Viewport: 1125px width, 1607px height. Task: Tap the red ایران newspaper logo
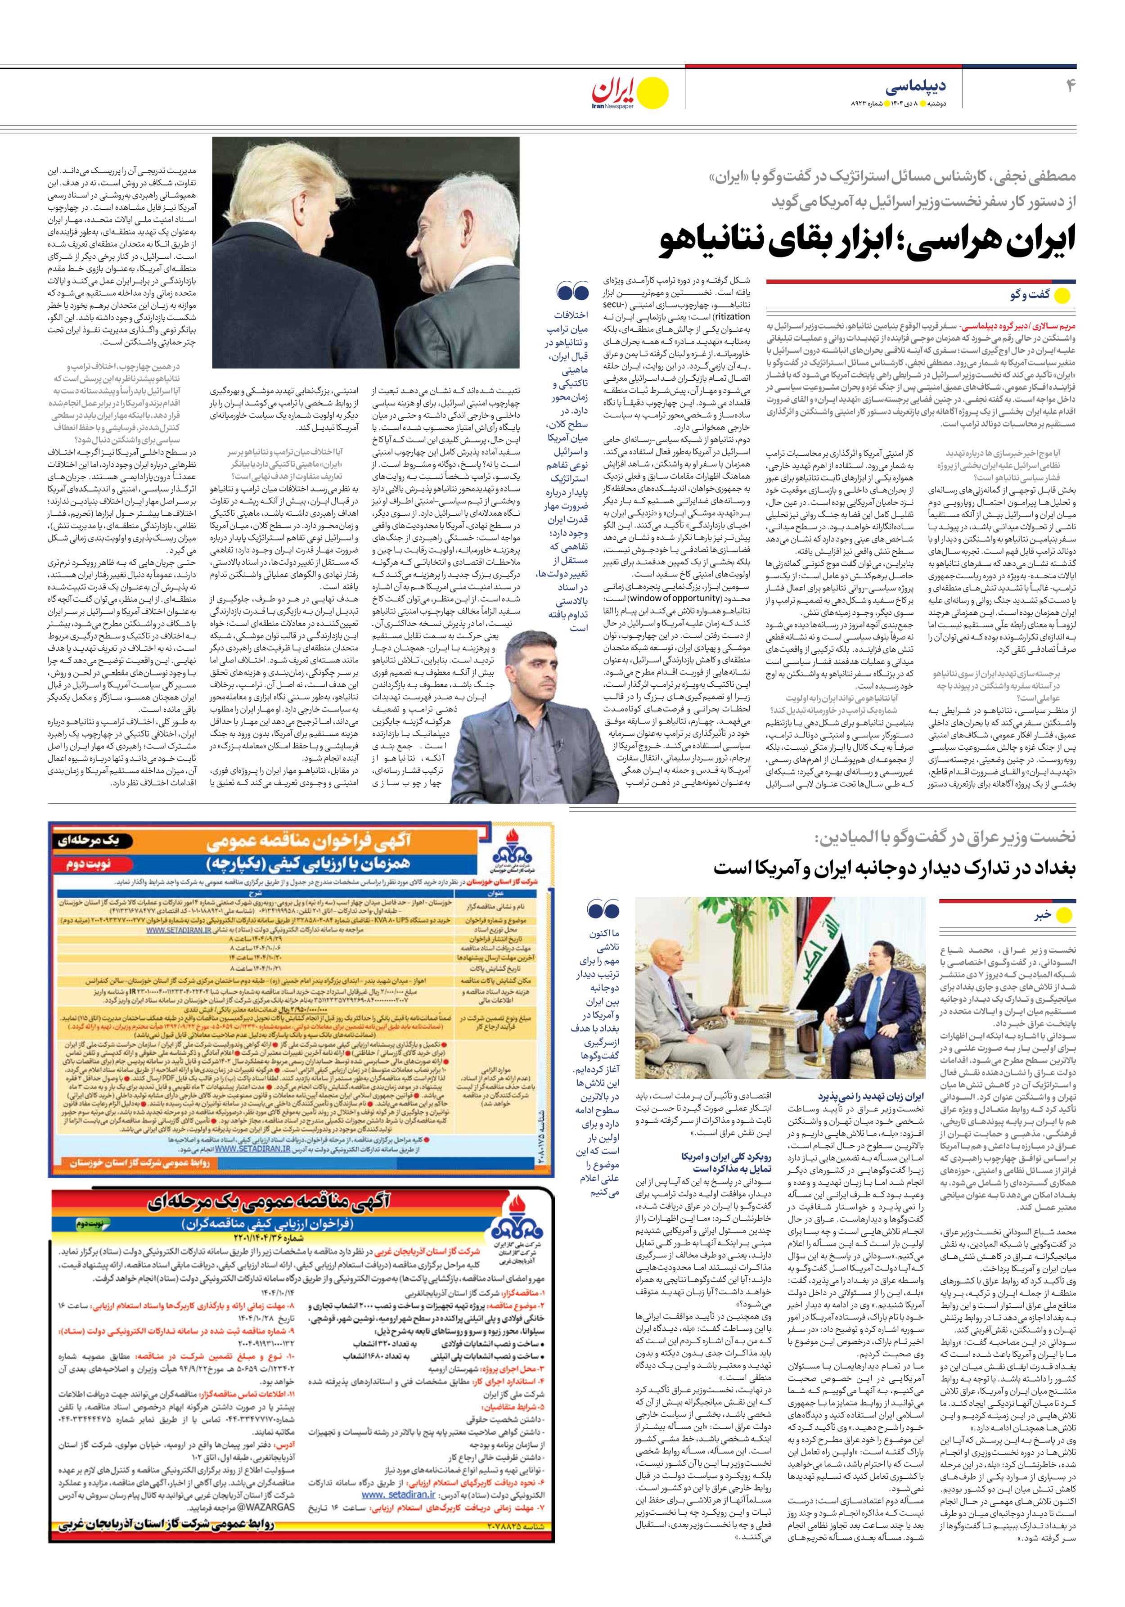(x=615, y=90)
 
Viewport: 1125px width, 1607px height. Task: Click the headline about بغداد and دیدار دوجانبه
(x=894, y=869)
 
